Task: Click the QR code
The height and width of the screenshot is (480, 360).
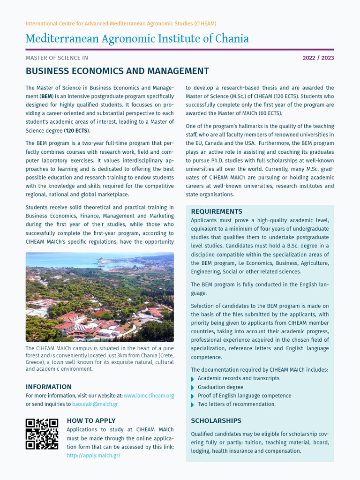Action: (42, 434)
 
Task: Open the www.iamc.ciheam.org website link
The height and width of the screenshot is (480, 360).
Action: (149, 396)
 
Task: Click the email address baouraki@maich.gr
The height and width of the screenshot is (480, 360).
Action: (101, 404)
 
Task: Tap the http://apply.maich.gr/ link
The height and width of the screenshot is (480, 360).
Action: (93, 455)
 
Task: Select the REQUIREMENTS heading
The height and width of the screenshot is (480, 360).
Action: (217, 211)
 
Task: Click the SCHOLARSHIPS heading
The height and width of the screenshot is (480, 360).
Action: (216, 420)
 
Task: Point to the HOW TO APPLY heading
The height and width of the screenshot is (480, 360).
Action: (91, 420)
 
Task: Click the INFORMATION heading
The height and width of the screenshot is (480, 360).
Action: (48, 387)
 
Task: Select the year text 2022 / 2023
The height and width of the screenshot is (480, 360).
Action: (318, 58)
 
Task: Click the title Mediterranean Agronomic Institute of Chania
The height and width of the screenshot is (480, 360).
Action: (137, 38)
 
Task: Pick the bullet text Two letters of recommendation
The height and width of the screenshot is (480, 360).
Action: (236, 404)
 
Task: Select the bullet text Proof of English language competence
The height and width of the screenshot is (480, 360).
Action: (244, 396)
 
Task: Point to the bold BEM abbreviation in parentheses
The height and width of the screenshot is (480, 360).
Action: (46, 96)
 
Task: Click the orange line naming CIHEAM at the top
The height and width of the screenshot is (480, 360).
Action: (120, 23)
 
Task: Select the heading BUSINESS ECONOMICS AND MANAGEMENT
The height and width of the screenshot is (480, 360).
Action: (117, 71)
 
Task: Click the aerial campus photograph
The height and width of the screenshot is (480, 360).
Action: (99, 297)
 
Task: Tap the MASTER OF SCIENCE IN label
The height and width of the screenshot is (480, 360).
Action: (56, 58)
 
